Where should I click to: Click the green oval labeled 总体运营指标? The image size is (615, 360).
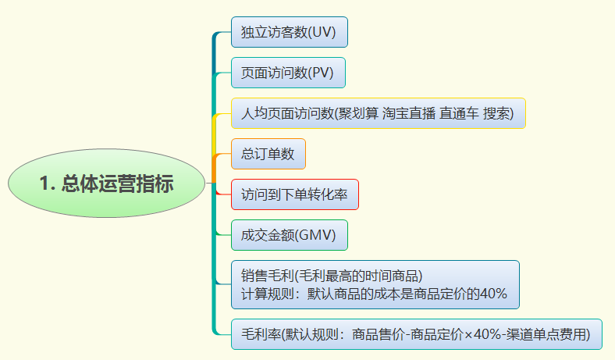point(106,184)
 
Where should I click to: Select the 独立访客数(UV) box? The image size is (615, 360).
point(289,32)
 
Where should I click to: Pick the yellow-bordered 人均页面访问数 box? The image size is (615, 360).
point(378,113)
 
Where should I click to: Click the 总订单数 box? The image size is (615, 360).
point(268,154)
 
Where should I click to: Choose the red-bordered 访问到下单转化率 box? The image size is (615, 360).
point(295,194)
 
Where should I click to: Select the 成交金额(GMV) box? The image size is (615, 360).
point(289,235)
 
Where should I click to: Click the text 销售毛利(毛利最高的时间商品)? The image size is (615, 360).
point(332,275)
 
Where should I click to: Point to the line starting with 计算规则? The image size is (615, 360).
point(375,294)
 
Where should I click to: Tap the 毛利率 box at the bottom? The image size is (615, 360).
point(417,334)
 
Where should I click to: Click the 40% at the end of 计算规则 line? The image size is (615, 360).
point(493,294)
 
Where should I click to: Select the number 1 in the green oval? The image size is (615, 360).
point(44,184)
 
